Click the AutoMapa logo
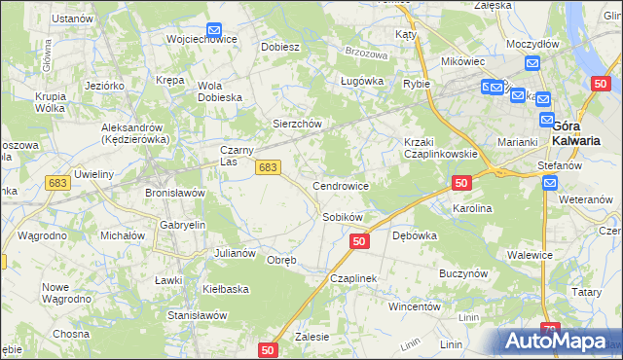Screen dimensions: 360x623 coord(558,342)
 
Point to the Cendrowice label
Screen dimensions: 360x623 coord(340,185)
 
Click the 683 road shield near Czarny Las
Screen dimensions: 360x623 coord(268,168)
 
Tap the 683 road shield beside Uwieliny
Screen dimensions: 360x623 coord(55,183)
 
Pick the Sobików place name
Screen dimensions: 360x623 coord(343,217)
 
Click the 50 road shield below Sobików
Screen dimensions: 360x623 coord(359,240)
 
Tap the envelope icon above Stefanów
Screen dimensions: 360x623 coord(550,183)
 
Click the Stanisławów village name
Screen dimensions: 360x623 coord(197,315)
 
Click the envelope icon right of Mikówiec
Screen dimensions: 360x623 coord(531,63)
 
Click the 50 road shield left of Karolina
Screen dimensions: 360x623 coord(461,183)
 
